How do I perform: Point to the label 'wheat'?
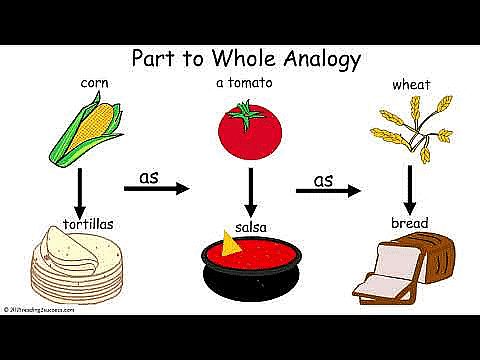[x=412, y=85]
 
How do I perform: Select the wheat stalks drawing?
[x=410, y=131]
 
